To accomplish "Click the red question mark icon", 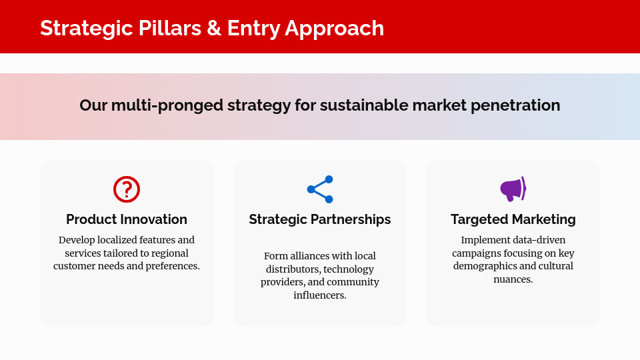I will [127, 189].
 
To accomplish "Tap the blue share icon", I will [320, 189].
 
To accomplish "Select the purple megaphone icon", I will [513, 189].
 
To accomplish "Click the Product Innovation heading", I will [127, 219].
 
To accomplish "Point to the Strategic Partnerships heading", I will [320, 219].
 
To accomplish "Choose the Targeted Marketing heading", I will [513, 219].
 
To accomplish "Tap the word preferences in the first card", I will [171, 266].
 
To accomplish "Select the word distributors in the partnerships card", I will [292, 269].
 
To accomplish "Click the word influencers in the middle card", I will [320, 295].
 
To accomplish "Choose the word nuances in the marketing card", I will [513, 279].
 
